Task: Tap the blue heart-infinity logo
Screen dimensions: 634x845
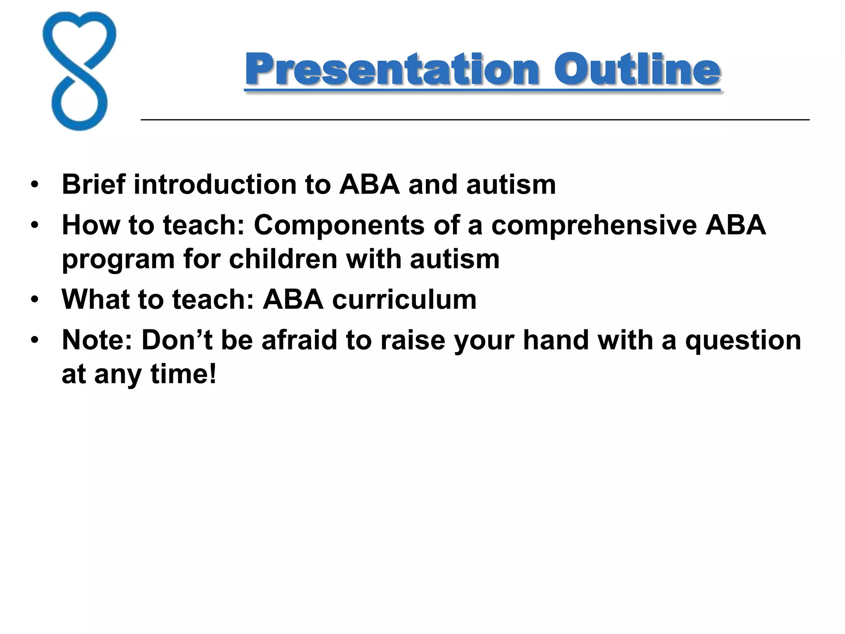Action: (79, 71)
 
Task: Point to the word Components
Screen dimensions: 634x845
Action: (339, 225)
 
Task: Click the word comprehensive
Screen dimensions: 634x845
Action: (594, 225)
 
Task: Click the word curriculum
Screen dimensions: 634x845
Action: (404, 299)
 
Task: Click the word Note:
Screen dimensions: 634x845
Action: (97, 340)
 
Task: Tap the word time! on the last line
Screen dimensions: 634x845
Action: (183, 374)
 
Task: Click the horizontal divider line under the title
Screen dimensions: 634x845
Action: (474, 120)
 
